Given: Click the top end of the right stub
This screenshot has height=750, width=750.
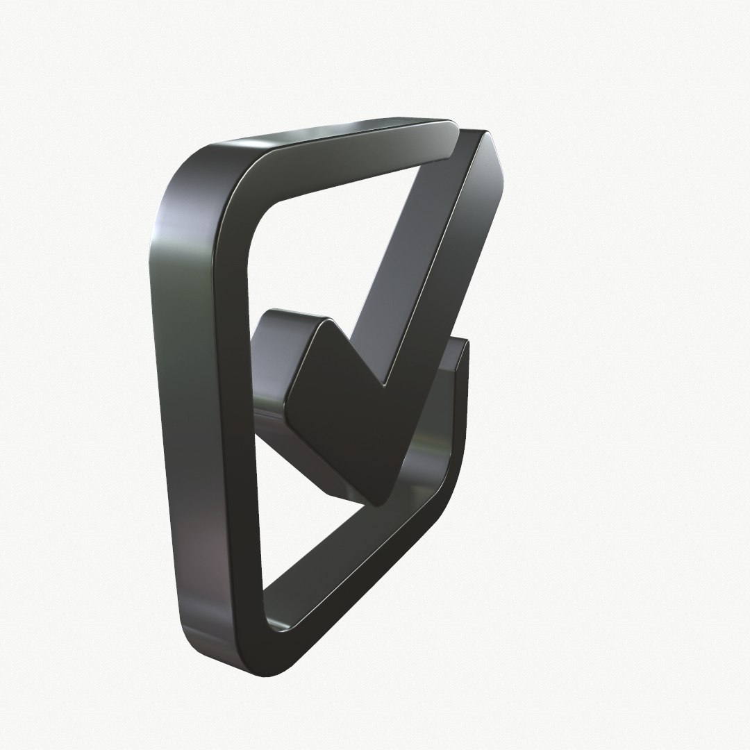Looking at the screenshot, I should [461, 344].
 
